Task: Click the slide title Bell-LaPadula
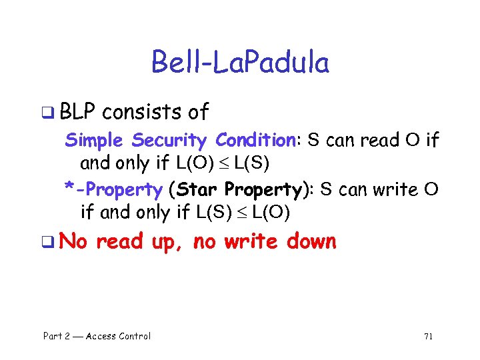[240, 63]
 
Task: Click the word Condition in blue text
[256, 141]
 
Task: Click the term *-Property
[113, 189]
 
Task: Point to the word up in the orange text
[163, 241]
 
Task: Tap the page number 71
[428, 336]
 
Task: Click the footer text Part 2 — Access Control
[97, 336]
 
